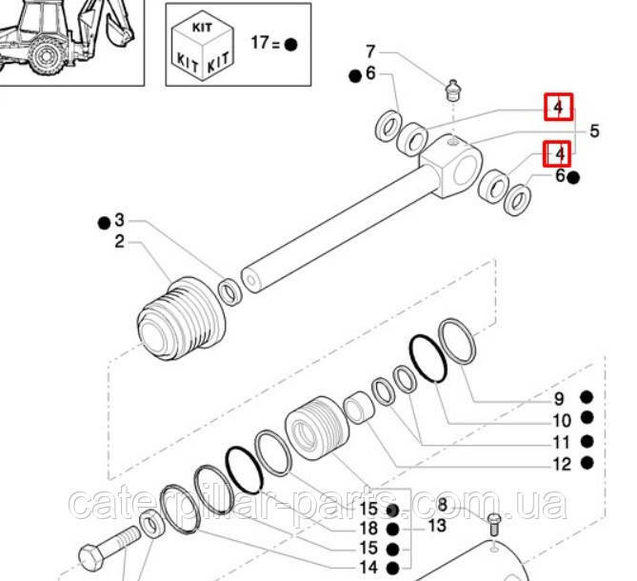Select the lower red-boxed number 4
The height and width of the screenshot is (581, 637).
(x=558, y=151)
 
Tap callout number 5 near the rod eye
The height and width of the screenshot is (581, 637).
(x=593, y=131)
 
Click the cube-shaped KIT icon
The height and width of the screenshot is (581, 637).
(x=203, y=44)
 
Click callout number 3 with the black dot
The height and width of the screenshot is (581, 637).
(x=119, y=220)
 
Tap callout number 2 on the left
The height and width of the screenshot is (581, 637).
(x=119, y=242)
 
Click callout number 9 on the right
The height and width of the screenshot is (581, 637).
(x=561, y=399)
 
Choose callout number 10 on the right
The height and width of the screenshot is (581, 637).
(x=561, y=421)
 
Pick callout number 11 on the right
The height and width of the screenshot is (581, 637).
(x=561, y=443)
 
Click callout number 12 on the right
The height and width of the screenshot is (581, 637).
(x=561, y=465)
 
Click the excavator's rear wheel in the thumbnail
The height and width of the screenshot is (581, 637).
(x=45, y=55)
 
